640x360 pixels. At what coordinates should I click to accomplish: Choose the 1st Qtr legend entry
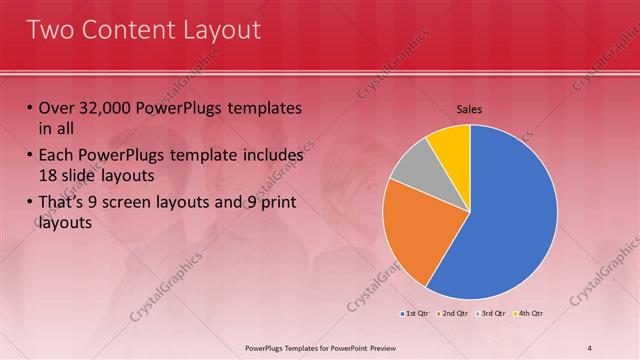coord(416,314)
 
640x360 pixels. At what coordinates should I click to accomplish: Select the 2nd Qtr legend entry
coord(453,314)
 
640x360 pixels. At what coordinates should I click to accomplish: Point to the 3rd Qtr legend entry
coord(491,314)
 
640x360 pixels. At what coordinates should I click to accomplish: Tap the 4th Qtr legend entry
coord(528,314)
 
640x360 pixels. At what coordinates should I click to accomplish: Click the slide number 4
coord(590,347)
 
